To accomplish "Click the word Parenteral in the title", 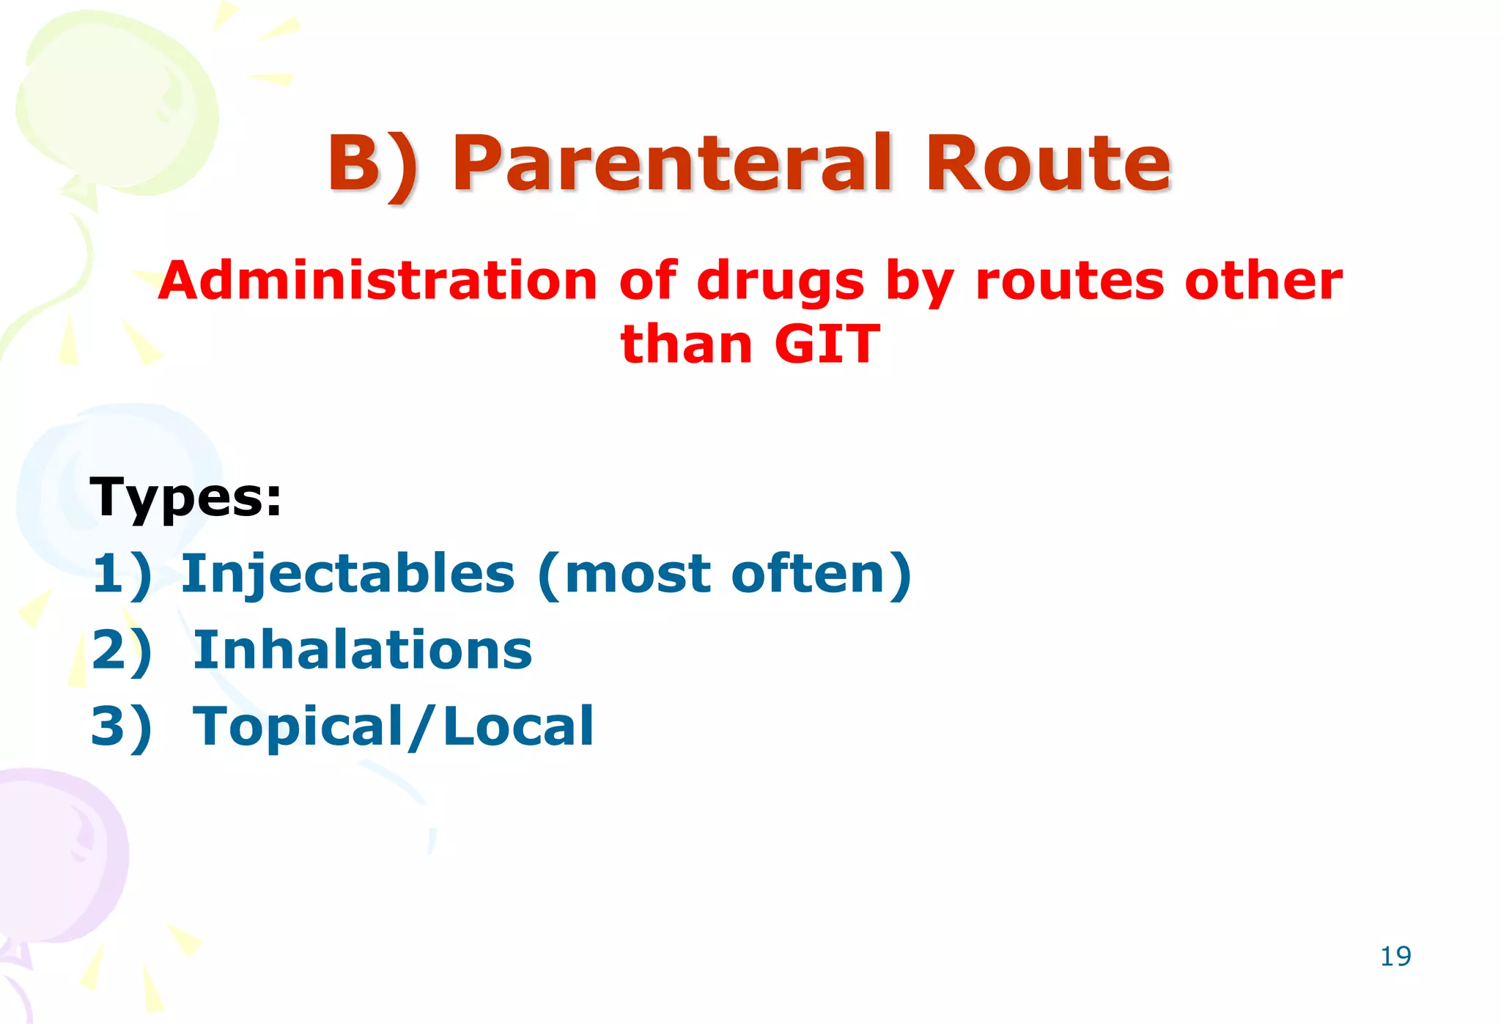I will tap(672, 165).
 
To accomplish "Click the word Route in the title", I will tap(1048, 165).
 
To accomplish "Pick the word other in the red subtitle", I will tap(1264, 281).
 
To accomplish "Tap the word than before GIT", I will tap(686, 345).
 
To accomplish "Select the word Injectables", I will tap(348, 575).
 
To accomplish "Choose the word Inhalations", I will tap(362, 650).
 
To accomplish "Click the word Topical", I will tap(298, 728).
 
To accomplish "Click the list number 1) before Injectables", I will tap(122, 575).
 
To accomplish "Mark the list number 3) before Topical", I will tap(122, 726).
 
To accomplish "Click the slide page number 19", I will tap(1395, 957).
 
